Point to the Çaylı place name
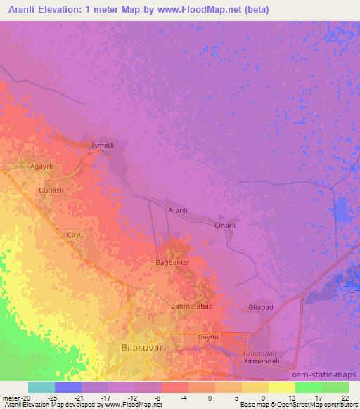[75, 235]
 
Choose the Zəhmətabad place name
[192, 306]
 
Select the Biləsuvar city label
[140, 347]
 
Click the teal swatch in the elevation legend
[41, 387]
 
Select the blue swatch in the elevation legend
[68, 387]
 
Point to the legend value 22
[345, 398]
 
